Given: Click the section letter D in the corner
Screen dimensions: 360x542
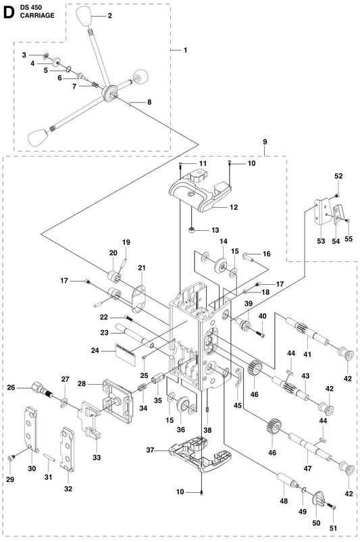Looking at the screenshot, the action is coord(8,12).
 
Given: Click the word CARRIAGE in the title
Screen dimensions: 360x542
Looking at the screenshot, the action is coord(37,16).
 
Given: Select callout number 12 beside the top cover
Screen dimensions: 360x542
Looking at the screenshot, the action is coord(234,207).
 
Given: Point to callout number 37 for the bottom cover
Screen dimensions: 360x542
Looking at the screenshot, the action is coord(150,450).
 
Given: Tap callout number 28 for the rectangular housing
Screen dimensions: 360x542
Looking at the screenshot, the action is coord(82,383).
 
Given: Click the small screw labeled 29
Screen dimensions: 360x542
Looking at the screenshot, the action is coord(10,458).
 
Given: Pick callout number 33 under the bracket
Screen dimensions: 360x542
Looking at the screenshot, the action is coord(97,458).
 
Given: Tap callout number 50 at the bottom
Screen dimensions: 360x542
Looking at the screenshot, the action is coord(316,523).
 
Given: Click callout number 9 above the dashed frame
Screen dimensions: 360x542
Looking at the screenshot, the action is coord(265,142).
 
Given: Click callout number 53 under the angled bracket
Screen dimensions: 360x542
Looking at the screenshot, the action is coord(322,240).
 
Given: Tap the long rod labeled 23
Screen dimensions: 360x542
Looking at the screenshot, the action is coord(136,335).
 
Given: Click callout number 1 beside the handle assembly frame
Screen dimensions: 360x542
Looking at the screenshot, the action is coord(185,50).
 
